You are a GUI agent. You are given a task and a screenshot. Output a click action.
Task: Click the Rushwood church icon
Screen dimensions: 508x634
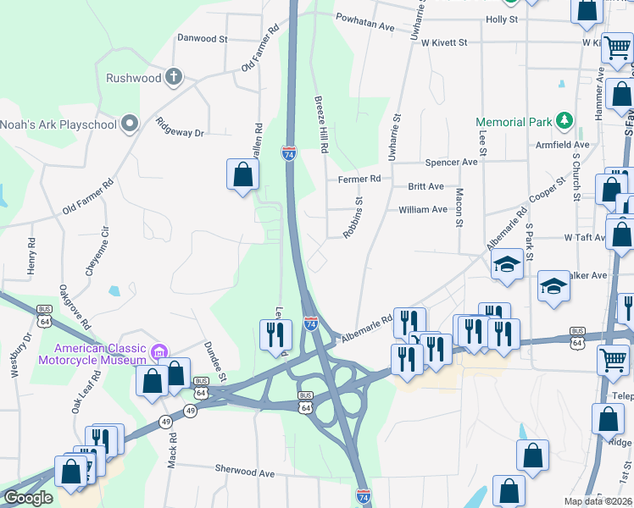click(174, 78)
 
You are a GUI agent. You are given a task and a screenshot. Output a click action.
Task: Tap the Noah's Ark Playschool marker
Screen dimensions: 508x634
click(130, 124)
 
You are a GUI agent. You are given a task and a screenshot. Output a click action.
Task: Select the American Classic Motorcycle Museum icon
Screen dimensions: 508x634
click(157, 351)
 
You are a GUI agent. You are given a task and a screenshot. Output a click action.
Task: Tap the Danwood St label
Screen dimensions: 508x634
click(203, 38)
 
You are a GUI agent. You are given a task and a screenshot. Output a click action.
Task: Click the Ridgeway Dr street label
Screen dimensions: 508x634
click(181, 127)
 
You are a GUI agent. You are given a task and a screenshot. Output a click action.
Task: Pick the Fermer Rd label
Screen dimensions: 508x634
click(359, 179)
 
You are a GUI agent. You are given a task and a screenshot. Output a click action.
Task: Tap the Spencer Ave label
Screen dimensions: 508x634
click(452, 162)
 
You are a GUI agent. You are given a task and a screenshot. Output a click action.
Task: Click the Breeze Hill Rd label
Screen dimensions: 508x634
click(321, 124)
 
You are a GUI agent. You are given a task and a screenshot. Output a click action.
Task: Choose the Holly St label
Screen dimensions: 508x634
click(502, 19)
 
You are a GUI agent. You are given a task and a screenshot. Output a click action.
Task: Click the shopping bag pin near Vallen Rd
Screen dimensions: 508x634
click(243, 175)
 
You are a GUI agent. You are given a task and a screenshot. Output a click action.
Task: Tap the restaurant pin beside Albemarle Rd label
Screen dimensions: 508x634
click(409, 323)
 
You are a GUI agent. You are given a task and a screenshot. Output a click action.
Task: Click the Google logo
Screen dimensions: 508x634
click(28, 498)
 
